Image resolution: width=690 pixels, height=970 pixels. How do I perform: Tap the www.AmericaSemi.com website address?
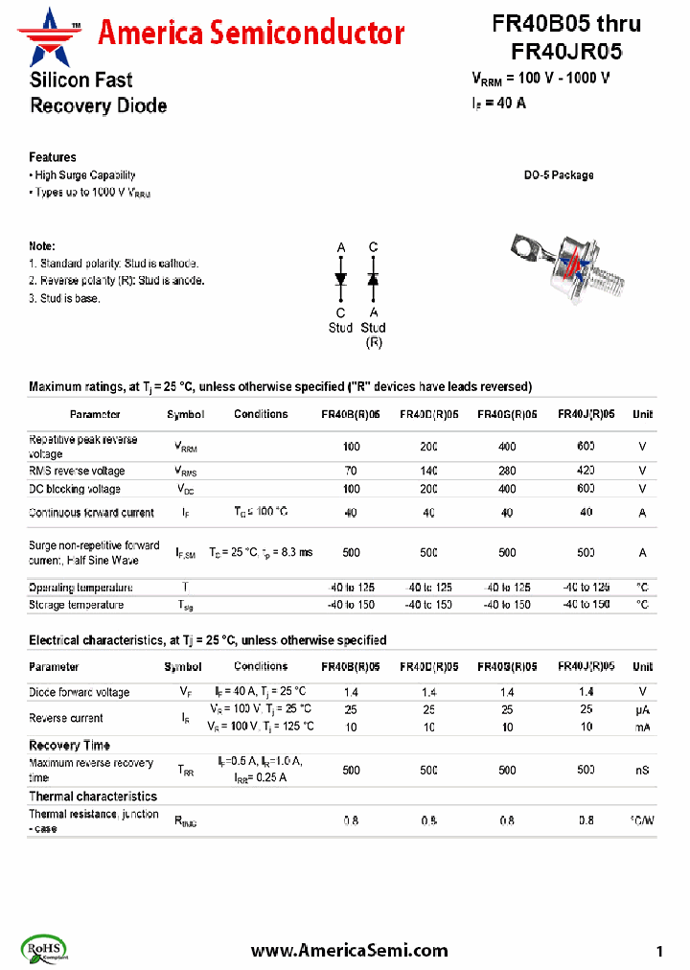point(349,950)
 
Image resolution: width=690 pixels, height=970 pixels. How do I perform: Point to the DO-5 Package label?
point(558,175)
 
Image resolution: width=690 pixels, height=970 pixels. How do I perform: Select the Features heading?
point(53,157)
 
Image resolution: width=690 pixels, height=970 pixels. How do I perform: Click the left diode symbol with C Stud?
point(340,278)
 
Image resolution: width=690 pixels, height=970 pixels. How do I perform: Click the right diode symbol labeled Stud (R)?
point(374,278)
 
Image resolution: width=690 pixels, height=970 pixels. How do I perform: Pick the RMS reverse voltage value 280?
point(507,472)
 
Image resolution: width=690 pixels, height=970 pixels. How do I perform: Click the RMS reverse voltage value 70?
point(351,472)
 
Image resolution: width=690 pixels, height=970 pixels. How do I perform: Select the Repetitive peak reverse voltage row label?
point(83,447)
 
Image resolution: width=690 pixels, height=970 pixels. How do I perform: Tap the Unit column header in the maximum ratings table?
point(642,415)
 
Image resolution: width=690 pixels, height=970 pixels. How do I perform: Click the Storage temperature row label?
point(77,605)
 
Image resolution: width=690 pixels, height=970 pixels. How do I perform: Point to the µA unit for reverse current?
point(642,709)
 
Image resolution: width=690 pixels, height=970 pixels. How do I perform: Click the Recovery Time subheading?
point(69,746)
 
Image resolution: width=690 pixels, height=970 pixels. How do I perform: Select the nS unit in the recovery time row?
point(642,771)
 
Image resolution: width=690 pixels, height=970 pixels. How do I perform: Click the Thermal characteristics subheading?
point(92,797)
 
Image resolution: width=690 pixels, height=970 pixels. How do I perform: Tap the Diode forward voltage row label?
point(79,692)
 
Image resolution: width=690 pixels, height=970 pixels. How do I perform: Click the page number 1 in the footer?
point(659,951)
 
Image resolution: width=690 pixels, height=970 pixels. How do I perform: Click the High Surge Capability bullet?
point(84,175)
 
